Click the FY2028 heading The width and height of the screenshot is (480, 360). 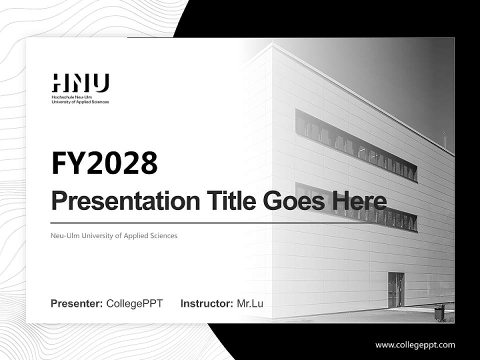click(x=104, y=163)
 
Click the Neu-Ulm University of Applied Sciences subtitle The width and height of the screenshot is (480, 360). click(x=114, y=235)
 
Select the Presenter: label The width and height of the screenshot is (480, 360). click(x=77, y=303)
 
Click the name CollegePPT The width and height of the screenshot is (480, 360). click(x=134, y=303)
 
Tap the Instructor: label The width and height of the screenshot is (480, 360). click(x=206, y=303)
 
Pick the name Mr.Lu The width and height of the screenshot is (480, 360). click(x=250, y=303)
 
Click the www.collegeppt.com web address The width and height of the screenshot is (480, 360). click(x=415, y=345)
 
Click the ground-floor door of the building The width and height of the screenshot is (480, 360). click(x=396, y=290)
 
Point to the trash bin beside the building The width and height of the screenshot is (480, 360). click(x=439, y=312)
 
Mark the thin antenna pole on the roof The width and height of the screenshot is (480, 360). click(x=444, y=140)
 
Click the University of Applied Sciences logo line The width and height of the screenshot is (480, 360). click(x=80, y=101)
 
